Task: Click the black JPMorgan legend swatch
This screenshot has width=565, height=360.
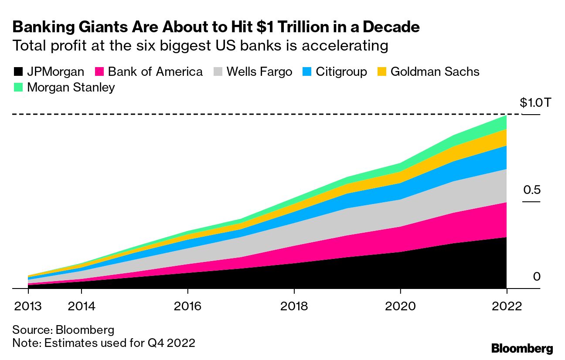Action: [x=18, y=72]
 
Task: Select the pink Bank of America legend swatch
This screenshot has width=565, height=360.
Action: [x=99, y=72]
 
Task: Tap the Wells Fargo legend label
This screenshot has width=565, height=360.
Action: [x=259, y=72]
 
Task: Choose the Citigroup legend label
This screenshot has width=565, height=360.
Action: [x=341, y=72]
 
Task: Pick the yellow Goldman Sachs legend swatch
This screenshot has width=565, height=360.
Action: [x=381, y=72]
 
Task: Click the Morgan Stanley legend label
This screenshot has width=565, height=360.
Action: [x=71, y=87]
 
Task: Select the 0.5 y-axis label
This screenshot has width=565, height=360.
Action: [x=532, y=190]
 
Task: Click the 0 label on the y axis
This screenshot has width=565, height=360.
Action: [x=536, y=276]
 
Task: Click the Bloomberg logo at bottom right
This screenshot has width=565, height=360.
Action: [x=522, y=348]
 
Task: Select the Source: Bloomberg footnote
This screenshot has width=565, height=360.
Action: [x=63, y=329]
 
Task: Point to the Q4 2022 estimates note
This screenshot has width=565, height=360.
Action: [x=104, y=343]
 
